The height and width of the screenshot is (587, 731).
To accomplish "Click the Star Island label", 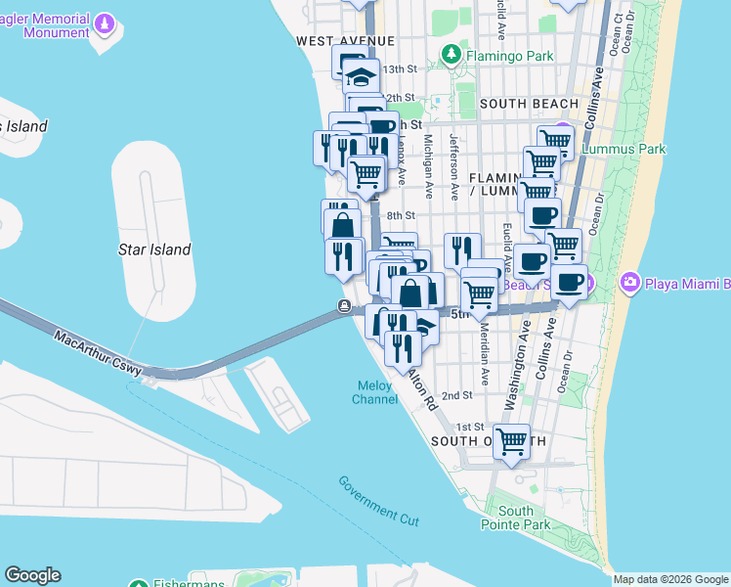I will point(154,249).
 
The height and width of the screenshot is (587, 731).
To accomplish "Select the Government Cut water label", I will point(377,500).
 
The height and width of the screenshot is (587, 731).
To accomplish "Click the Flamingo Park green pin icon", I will point(451,55).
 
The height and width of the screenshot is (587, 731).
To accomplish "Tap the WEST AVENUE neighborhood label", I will point(345,40).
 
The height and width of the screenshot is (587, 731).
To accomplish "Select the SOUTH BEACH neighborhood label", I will point(530,104).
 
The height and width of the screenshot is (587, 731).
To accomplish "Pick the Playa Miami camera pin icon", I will point(628,284).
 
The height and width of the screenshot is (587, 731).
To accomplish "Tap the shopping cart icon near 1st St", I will point(512,441).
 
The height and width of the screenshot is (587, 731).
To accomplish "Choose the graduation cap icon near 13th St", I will point(363,75).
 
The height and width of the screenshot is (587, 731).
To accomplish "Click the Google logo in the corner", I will point(32,575).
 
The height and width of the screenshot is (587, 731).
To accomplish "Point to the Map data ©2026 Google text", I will point(670,579).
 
